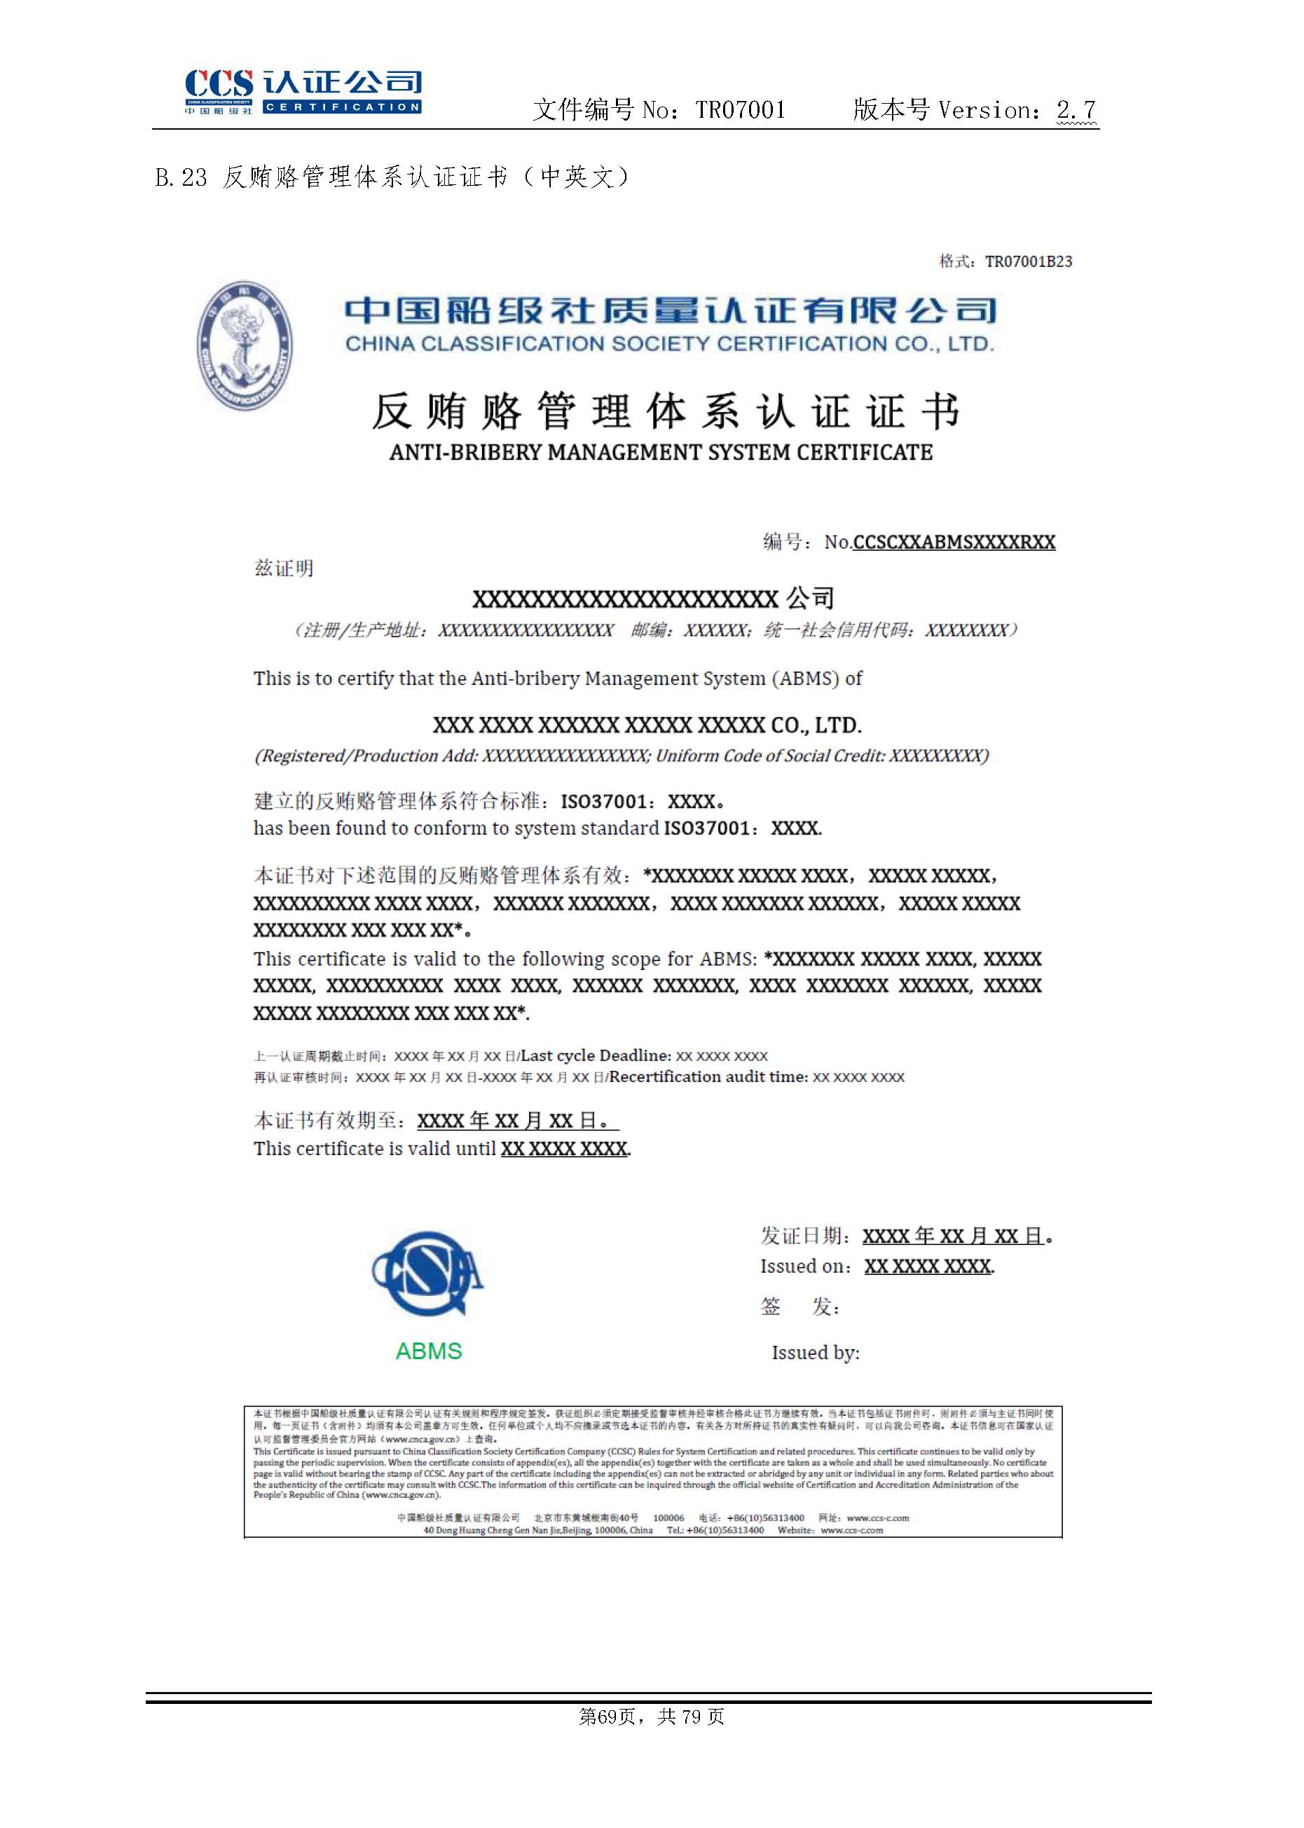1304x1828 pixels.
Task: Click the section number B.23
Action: [181, 177]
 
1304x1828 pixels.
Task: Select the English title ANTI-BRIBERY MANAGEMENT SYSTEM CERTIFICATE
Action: [660, 453]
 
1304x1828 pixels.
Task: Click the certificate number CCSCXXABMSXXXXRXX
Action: [953, 542]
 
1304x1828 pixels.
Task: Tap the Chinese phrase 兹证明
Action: [284, 568]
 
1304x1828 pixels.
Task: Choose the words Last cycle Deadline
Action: [596, 1056]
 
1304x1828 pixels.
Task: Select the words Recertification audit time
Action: [708, 1077]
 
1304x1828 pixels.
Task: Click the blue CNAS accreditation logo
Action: [427, 1274]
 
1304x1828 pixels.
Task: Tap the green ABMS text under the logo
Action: [429, 1351]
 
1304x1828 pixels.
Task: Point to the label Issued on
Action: [804, 1267]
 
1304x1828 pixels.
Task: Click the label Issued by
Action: [815, 1353]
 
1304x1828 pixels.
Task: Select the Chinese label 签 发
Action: [799, 1307]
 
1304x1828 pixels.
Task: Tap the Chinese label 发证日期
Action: [803, 1236]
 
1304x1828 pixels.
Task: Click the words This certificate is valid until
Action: [375, 1150]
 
